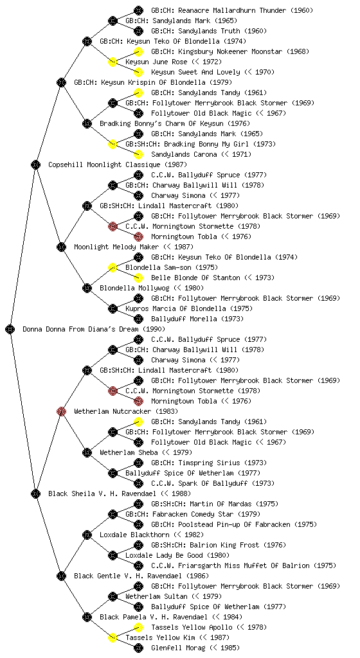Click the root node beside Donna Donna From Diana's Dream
10,329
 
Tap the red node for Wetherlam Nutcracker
61,411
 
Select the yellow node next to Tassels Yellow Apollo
138,627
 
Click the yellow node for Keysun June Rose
113,62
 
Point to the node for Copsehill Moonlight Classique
35,164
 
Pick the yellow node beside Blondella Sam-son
113,267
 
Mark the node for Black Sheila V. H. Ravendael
35,493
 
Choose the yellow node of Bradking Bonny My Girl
113,144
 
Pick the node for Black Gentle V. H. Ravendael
61,576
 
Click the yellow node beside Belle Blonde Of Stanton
138,278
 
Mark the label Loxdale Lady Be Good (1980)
171,555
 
